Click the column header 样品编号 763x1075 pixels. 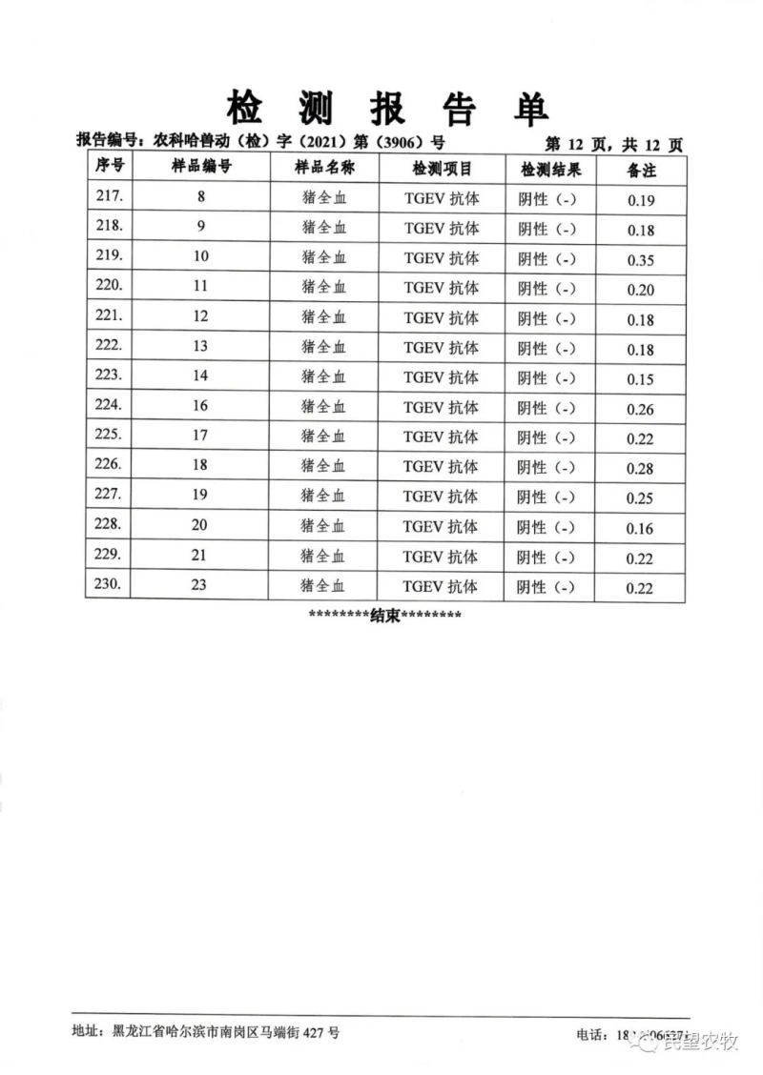201,168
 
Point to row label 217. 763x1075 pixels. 111,198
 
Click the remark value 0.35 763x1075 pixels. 641,260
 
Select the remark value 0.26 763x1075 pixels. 641,410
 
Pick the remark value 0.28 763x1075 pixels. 641,469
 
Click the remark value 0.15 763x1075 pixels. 641,379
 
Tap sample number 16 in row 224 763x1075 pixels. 200,406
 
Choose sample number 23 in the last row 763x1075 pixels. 199,585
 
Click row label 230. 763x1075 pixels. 111,584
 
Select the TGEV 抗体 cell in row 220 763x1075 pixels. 441,288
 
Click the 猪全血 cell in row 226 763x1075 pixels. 323,466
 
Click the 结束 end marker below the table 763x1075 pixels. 384,616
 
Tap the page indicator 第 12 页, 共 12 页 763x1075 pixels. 614,145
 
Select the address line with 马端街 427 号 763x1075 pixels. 205,1031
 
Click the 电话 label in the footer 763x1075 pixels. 592,1034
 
